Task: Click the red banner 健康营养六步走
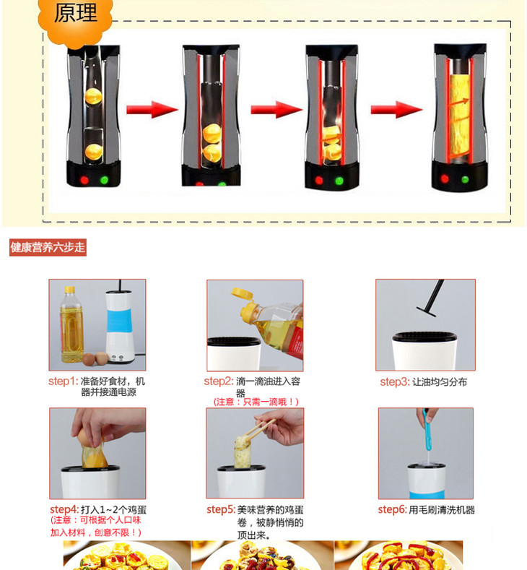point(48,248)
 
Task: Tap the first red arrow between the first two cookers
point(152,109)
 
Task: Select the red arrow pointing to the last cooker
point(396,109)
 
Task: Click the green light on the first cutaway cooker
point(104,180)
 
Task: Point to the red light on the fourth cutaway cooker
point(445,178)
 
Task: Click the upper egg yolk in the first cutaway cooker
point(93,96)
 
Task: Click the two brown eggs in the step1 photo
point(95,358)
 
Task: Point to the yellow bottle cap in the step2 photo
point(243,293)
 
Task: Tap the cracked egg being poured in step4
point(92,449)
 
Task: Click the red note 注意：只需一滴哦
point(256,402)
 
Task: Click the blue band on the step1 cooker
point(118,320)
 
